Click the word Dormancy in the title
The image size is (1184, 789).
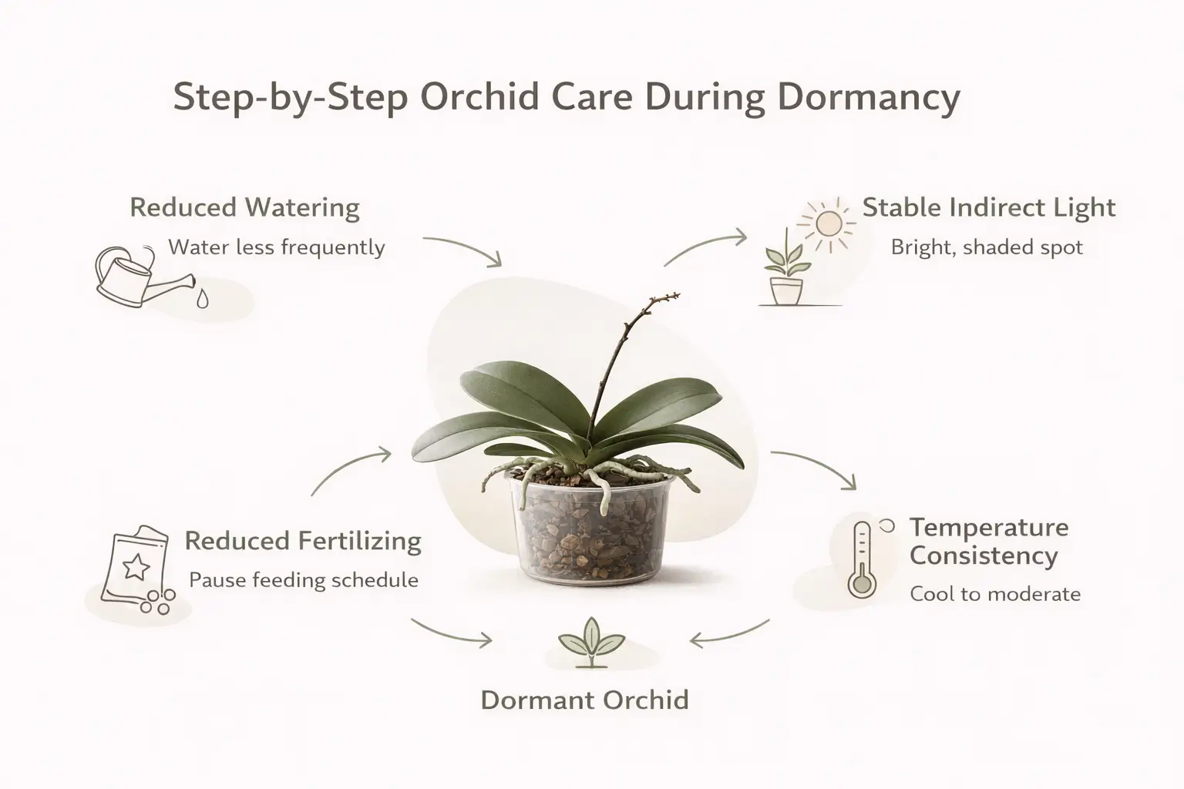(868, 99)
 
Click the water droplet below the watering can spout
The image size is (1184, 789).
(202, 298)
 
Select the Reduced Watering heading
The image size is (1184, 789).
(244, 208)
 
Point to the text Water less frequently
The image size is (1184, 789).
(276, 247)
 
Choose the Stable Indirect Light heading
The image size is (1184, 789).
(988, 208)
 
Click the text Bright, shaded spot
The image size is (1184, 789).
(987, 247)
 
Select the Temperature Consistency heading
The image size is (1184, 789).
(988, 542)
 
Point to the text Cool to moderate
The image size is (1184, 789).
(994, 594)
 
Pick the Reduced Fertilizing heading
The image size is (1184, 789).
(303, 541)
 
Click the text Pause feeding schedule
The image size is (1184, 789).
(303, 580)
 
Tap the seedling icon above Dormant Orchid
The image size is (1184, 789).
(591, 643)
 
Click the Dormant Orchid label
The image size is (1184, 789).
(584, 700)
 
